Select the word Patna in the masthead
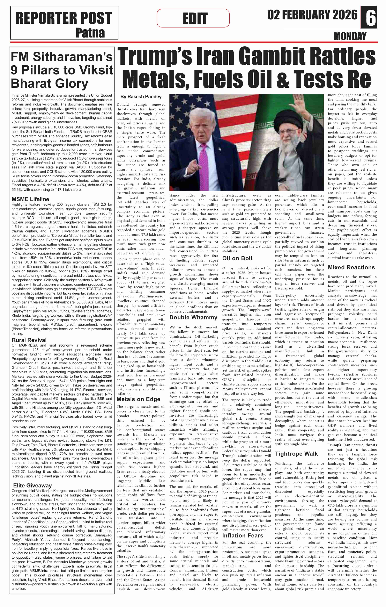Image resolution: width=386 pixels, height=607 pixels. point(90,33)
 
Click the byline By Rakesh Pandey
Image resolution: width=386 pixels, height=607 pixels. point(141,97)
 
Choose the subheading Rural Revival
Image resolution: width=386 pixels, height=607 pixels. point(29,340)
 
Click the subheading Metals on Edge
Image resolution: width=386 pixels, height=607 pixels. point(138,399)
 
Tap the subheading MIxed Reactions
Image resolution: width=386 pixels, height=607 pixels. point(351,267)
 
